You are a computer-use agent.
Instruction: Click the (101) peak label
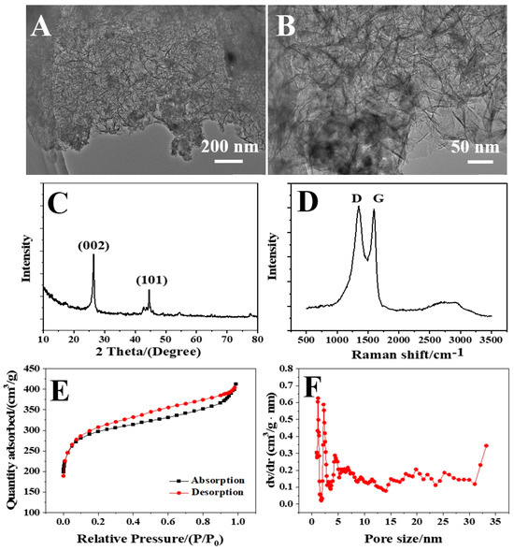coord(152,280)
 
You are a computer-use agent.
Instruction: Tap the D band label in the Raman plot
coord(357,199)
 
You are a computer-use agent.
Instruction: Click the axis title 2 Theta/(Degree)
coord(138,354)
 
